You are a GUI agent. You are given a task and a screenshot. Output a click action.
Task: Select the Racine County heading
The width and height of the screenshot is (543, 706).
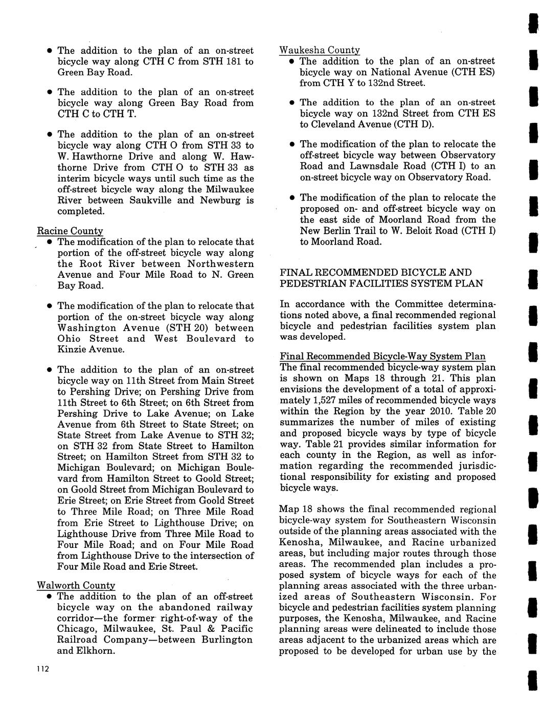(x=70, y=231)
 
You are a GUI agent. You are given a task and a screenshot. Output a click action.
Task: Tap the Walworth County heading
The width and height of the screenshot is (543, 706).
(x=76, y=585)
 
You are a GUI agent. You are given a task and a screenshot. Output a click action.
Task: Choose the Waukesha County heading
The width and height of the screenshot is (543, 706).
(x=320, y=50)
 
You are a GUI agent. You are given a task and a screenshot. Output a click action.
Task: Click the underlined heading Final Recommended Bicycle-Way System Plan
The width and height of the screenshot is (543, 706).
(x=382, y=356)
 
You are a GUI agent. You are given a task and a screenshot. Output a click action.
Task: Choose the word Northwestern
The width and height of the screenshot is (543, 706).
(x=220, y=264)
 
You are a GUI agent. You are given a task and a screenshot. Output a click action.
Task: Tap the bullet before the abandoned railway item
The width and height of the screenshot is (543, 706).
(x=49, y=597)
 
